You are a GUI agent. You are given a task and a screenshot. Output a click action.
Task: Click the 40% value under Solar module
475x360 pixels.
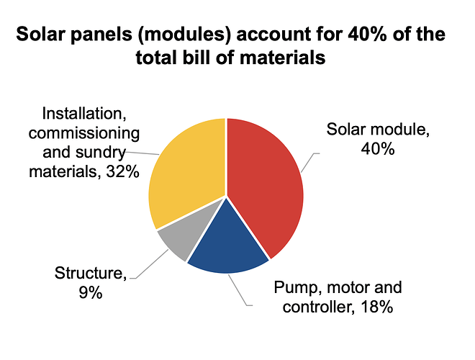pyautogui.click(x=378, y=149)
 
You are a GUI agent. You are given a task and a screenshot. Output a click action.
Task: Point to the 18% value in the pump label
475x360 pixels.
pyautogui.click(x=377, y=307)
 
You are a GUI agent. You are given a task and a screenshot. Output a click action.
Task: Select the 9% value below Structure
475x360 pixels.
pyautogui.click(x=91, y=292)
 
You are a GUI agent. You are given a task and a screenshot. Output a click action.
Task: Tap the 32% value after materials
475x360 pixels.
pyautogui.click(x=122, y=172)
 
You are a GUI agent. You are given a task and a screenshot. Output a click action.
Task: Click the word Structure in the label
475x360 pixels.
pyautogui.click(x=91, y=273)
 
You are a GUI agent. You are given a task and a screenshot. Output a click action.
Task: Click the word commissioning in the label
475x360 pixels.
pyautogui.click(x=84, y=133)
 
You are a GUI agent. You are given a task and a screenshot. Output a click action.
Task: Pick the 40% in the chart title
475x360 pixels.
pyautogui.click(x=367, y=34)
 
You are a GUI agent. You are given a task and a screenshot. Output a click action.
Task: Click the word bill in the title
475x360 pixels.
pyautogui.click(x=196, y=58)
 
